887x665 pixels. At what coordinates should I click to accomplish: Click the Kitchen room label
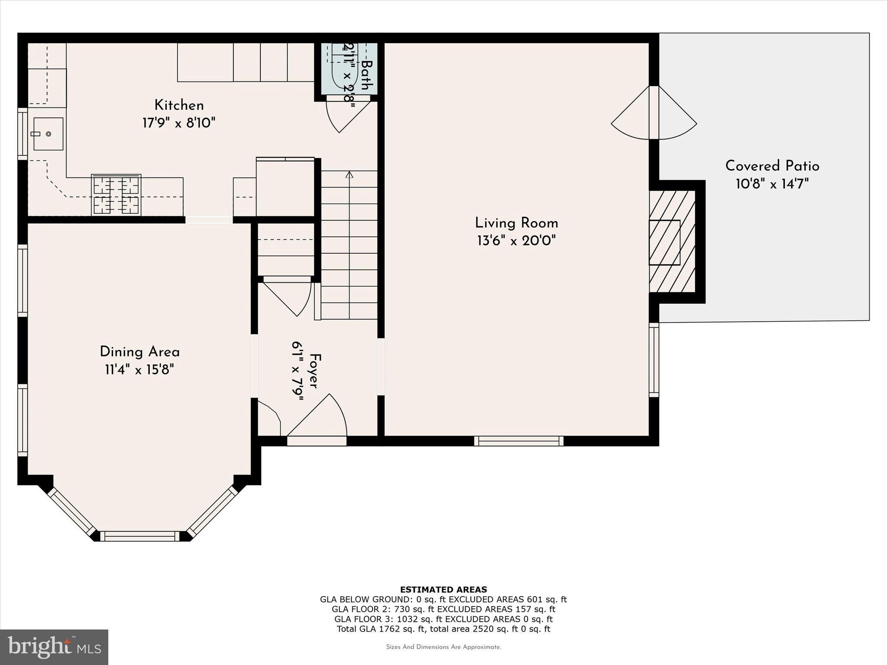point(179,105)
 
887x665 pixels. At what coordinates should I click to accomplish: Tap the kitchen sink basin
point(49,134)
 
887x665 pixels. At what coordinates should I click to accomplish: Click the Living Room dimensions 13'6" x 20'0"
point(516,241)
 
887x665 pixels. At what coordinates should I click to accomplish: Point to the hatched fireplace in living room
point(672,242)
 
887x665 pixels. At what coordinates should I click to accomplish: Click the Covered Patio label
point(772,166)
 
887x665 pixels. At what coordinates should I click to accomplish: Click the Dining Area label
point(139,352)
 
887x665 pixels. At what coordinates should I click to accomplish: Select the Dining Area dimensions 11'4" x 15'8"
point(139,370)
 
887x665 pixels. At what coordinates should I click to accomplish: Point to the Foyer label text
point(315,371)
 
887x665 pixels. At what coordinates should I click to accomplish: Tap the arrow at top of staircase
point(350,174)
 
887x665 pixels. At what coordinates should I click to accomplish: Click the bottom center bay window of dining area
point(140,536)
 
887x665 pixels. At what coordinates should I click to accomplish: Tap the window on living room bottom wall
point(518,441)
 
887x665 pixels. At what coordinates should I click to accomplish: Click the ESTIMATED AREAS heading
point(443,589)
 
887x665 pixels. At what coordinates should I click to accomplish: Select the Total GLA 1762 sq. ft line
point(443,629)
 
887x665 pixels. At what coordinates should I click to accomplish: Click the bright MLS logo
point(54,647)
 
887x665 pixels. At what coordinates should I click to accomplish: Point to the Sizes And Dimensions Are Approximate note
point(443,647)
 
